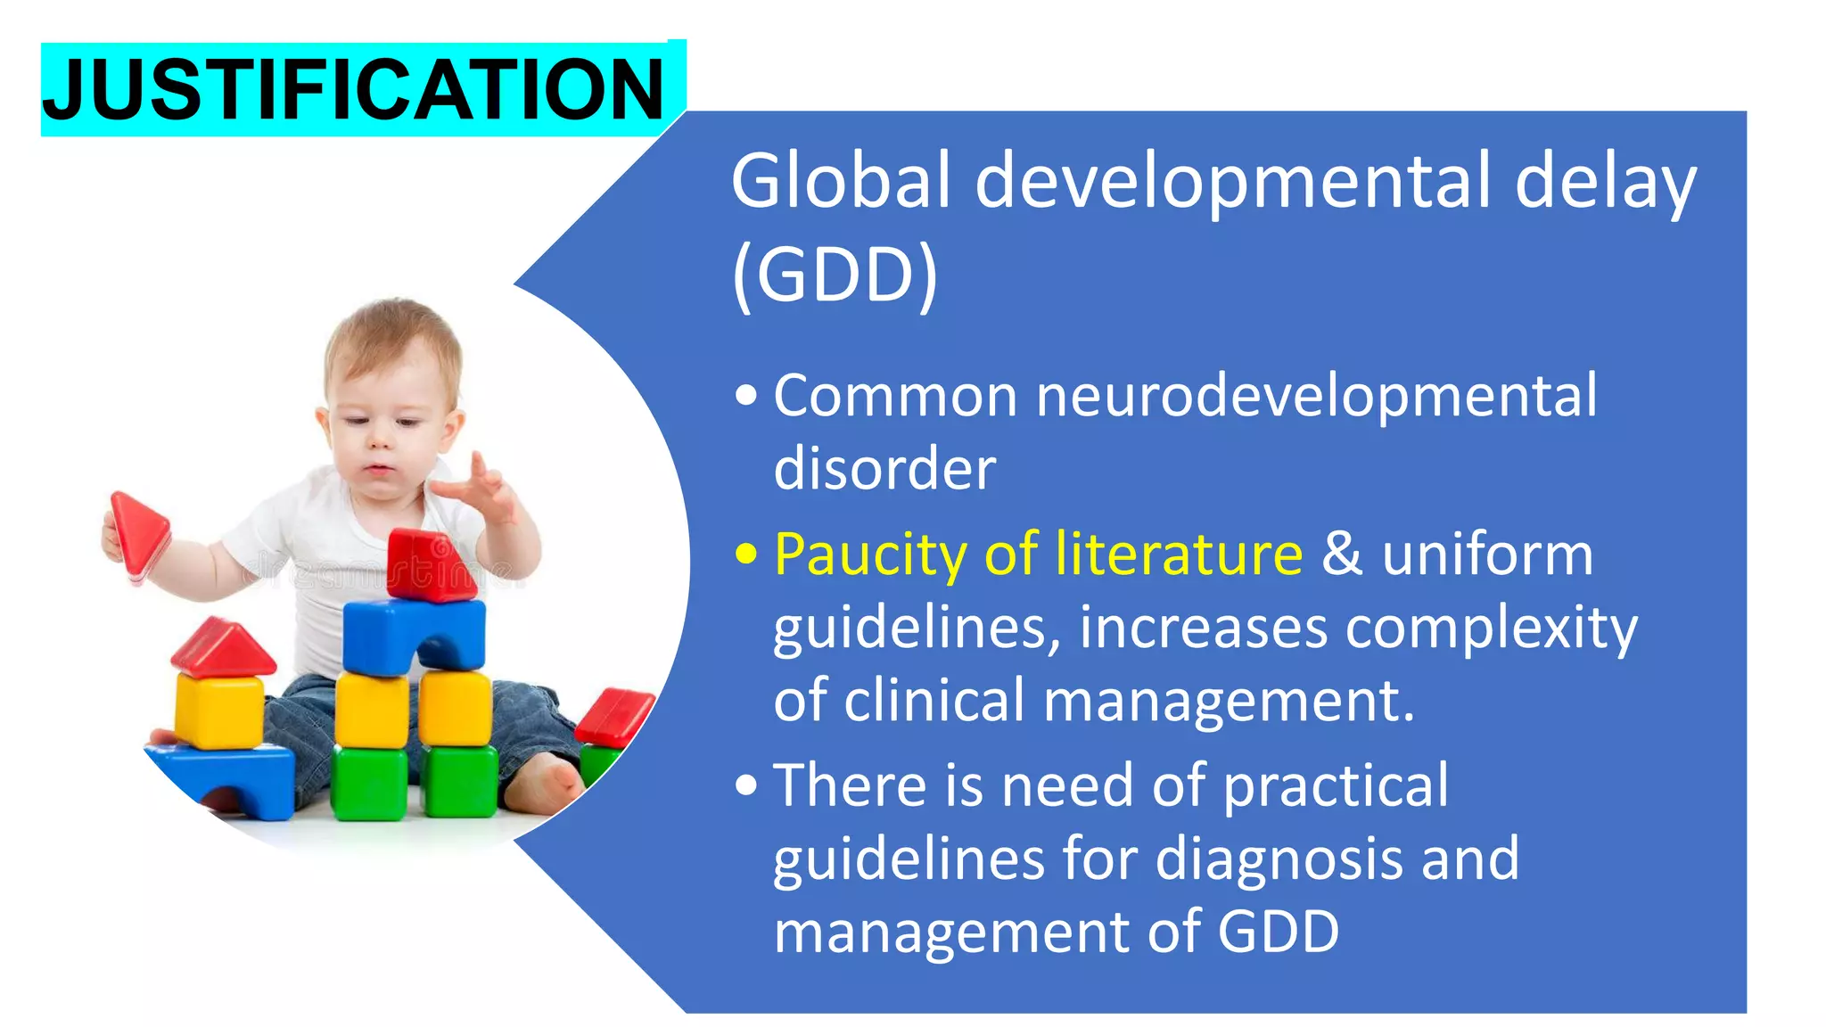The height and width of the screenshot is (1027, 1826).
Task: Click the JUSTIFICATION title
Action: click(x=354, y=89)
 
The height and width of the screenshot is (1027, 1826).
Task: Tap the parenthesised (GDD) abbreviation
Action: click(x=835, y=275)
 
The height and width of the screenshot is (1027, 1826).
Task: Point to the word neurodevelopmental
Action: click(x=1316, y=396)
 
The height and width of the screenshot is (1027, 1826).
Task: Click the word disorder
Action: click(x=884, y=469)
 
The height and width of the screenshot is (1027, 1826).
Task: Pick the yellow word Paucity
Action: click(x=870, y=555)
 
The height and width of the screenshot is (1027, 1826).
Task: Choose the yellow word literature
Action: click(x=1179, y=554)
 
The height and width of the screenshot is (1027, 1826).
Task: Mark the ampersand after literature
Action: click(x=1341, y=554)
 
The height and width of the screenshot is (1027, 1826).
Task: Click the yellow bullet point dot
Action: click(x=746, y=555)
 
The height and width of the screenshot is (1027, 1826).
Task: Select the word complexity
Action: click(x=1491, y=629)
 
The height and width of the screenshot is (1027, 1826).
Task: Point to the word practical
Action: click(x=1336, y=787)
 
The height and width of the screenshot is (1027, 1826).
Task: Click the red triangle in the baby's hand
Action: click(x=139, y=531)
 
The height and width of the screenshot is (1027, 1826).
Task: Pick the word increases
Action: click(x=1204, y=628)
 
